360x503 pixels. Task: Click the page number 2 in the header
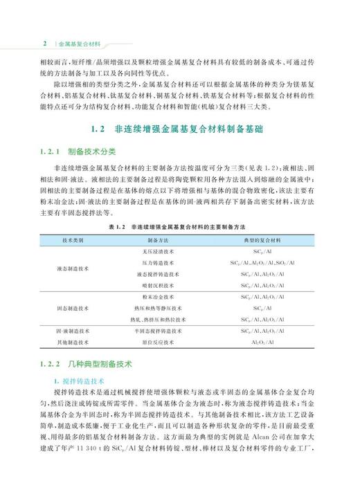(45, 42)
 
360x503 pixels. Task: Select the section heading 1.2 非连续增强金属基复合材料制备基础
(180, 129)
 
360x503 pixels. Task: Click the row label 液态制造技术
(73, 268)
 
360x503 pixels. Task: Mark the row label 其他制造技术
(73, 342)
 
